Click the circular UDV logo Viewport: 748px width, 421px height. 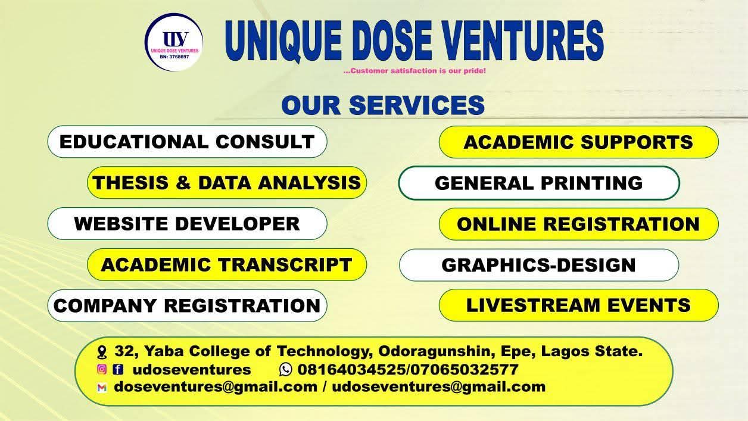coord(174,42)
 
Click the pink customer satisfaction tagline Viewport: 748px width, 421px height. coord(414,71)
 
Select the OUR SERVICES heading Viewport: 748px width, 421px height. coord(383,105)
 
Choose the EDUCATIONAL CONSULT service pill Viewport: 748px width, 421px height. coord(187,142)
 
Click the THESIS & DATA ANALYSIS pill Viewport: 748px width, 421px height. coord(227,183)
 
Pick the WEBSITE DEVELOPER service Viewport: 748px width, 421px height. coord(187,223)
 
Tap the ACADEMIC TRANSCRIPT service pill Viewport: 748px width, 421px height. coord(227,264)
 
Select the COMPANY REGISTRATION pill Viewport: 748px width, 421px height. coord(187,305)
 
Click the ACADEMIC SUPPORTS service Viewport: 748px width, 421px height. coord(579,142)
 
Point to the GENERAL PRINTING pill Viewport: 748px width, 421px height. coord(539,183)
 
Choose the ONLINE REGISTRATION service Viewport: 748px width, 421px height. coord(579,224)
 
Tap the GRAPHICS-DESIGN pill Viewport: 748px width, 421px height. coord(539,265)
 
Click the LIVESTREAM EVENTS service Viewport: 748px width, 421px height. coord(579,305)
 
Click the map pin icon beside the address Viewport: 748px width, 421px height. coord(102,353)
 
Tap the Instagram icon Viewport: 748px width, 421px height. coord(102,369)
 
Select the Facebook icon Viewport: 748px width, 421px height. coord(118,369)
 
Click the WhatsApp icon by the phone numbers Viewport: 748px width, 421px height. coord(285,370)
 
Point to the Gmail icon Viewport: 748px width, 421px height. coord(102,387)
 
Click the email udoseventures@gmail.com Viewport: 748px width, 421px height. coord(439,387)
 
